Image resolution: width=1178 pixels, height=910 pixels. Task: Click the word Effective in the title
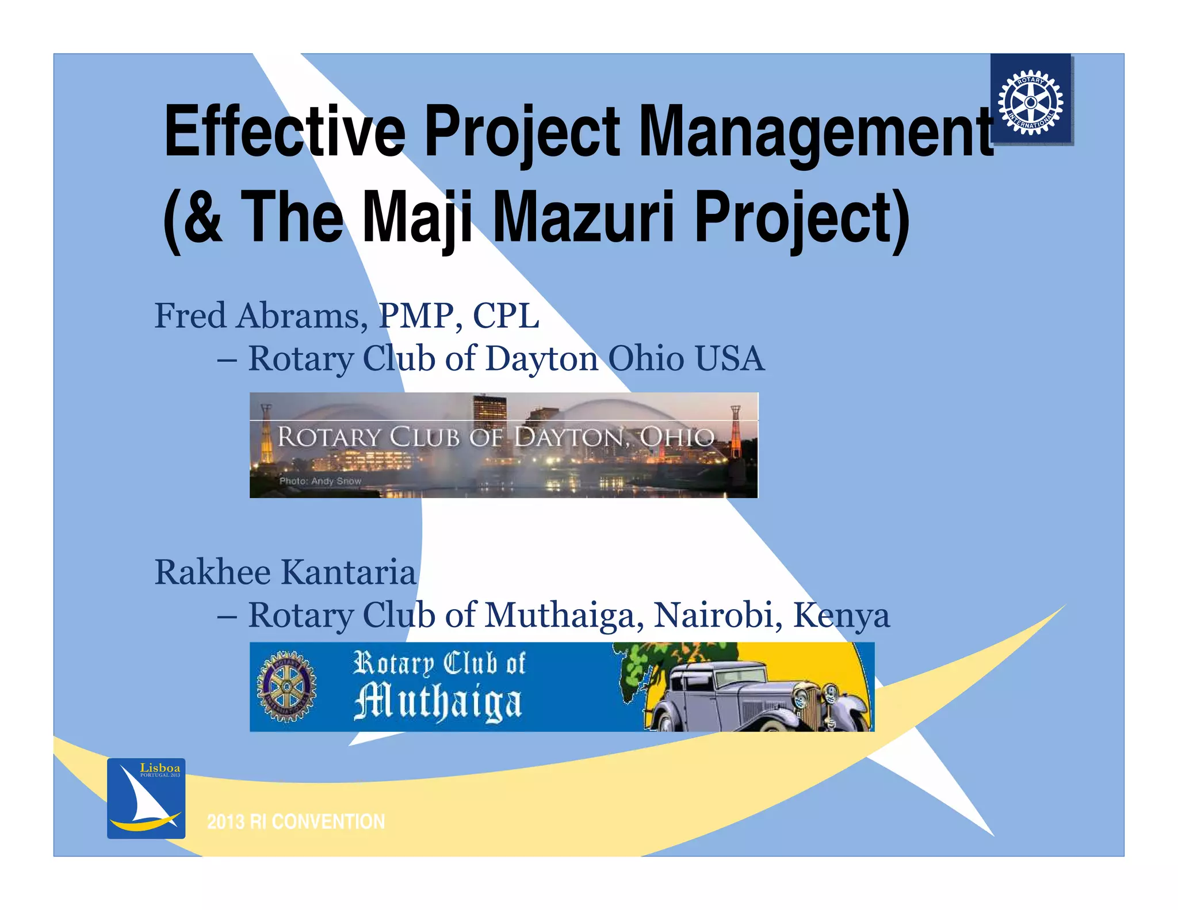[x=285, y=131]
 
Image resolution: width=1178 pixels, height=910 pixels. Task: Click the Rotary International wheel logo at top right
[x=1030, y=102]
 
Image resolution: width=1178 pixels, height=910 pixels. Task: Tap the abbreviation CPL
[x=506, y=316]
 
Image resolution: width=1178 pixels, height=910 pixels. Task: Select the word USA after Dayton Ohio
[x=729, y=358]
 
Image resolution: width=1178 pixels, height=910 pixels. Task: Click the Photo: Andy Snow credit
[x=320, y=481]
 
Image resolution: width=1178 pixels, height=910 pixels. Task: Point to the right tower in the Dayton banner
[x=735, y=431]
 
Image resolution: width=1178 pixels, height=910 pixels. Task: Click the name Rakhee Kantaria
[x=285, y=572]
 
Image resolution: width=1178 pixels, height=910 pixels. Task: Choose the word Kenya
[x=841, y=615]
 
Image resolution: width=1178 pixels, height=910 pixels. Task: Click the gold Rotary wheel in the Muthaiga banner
[x=286, y=687]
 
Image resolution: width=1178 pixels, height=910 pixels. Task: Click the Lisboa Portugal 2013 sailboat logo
[x=146, y=798]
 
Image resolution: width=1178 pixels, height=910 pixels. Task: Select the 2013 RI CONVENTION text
[x=296, y=821]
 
